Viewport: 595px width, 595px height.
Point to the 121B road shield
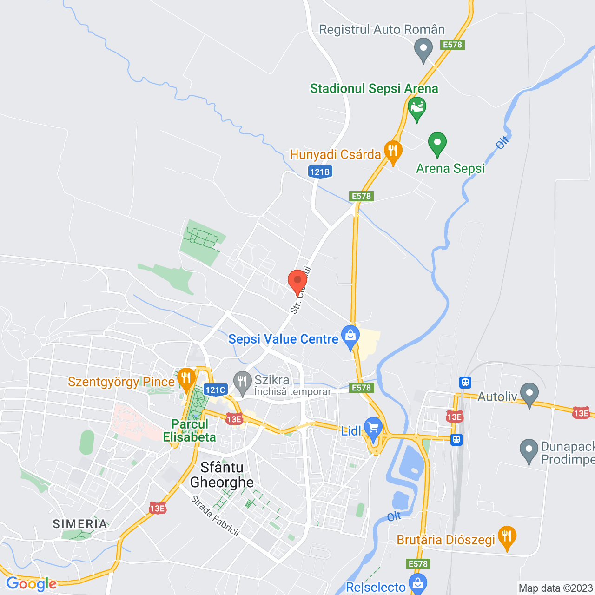pyautogui.click(x=320, y=172)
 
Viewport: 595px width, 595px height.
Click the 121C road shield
pyautogui.click(x=215, y=390)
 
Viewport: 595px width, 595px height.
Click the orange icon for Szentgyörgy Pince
pyautogui.click(x=186, y=379)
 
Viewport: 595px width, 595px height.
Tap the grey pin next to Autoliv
pyautogui.click(x=529, y=394)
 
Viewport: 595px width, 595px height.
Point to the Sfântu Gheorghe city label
pyautogui.click(x=222, y=475)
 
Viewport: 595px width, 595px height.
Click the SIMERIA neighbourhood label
pyautogui.click(x=80, y=524)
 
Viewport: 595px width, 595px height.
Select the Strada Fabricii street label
pyautogui.click(x=215, y=516)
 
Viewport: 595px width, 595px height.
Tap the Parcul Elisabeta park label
pyautogui.click(x=189, y=430)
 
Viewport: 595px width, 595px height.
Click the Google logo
pyautogui.click(x=31, y=584)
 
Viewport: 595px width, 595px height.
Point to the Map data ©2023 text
pyautogui.click(x=555, y=588)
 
